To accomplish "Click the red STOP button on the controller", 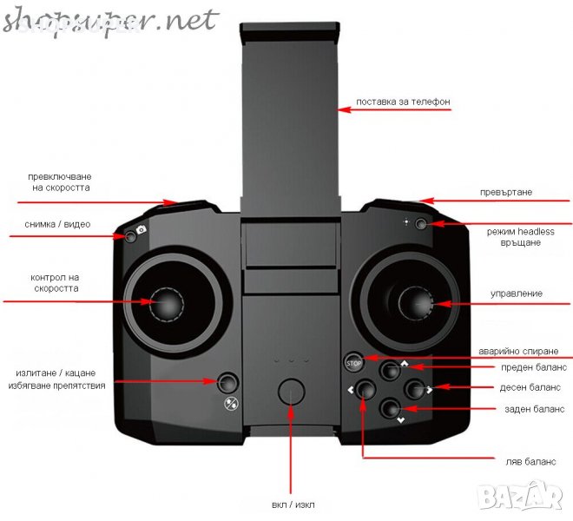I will (x=353, y=362).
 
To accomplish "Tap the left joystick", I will (x=168, y=305).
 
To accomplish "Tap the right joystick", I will (x=417, y=305).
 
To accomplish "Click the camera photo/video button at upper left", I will (x=130, y=234).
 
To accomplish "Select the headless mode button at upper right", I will (x=421, y=224).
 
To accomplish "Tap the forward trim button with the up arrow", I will (x=389, y=369).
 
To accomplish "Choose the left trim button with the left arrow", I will (x=366, y=389).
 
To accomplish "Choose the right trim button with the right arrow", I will (x=414, y=388).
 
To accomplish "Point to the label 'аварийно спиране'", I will (x=512, y=352).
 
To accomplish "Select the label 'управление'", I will (x=517, y=293).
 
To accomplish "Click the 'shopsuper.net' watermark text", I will (x=109, y=20).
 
